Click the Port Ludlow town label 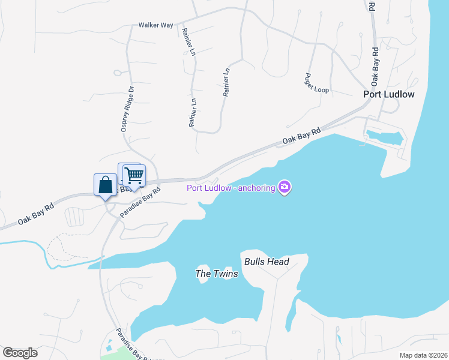(x=389, y=95)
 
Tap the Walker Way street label (x=155, y=25)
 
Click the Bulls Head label (x=267, y=262)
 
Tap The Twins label (x=217, y=274)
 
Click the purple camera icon (x=285, y=188)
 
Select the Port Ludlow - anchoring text (x=231, y=188)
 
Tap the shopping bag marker (x=105, y=184)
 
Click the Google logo (x=20, y=352)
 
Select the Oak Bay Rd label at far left (x=35, y=214)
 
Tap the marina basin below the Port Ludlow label (x=384, y=139)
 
